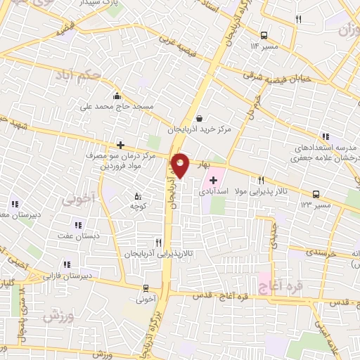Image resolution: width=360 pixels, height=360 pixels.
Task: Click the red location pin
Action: click(181, 165)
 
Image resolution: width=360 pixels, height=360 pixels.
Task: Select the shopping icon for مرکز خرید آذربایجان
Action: click(200, 119)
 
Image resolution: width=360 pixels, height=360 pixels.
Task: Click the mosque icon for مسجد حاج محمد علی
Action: click(117, 96)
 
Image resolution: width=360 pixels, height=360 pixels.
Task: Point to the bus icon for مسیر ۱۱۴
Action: click(264, 34)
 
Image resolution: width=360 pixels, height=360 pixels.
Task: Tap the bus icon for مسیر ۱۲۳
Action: click(315, 194)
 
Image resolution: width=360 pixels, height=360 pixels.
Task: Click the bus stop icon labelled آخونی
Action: click(146, 288)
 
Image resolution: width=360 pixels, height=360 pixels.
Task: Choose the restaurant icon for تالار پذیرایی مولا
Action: click(261, 180)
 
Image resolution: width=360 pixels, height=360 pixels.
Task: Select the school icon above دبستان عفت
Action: click(77, 225)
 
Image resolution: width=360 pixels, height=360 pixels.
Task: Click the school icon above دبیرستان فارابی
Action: click(67, 265)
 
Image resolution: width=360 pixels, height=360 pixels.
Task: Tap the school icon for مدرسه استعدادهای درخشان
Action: click(325, 136)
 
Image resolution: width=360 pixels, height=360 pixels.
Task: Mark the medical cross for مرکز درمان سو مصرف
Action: click(120, 144)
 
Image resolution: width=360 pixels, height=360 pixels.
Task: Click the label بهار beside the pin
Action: click(203, 164)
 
